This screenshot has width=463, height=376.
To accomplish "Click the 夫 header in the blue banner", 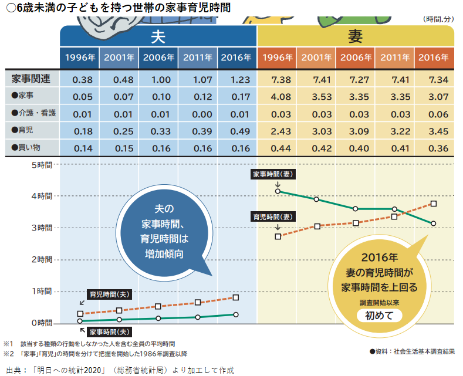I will point(158,37).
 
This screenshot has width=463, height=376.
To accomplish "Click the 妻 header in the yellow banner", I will point(355,37).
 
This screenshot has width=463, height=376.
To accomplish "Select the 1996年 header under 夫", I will point(79,57).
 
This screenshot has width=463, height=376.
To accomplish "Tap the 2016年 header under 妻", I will point(434,57).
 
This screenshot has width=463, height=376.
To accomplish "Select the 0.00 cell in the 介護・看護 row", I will point(197,113).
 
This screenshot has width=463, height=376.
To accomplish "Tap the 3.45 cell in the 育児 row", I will point(434,130).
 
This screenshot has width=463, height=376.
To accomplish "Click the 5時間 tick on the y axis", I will point(41,165).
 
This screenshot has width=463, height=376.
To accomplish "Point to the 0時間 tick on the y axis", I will point(41,323).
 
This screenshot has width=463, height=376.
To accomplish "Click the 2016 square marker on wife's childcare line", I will point(434,204).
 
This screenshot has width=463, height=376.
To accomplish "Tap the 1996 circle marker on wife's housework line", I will point(278,191).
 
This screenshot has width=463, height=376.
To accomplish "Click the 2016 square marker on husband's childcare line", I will point(236,297).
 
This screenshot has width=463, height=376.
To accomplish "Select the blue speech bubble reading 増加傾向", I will point(165,232).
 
